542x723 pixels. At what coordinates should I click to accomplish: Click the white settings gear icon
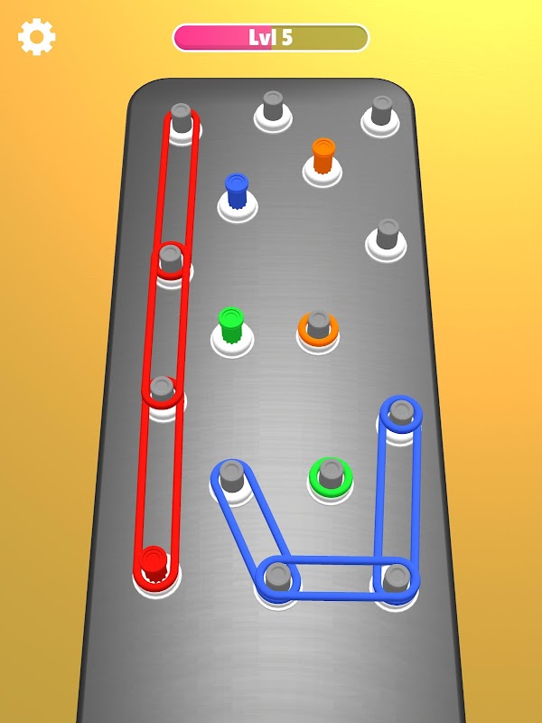tap(37, 37)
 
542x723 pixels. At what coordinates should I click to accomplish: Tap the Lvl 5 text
tap(270, 37)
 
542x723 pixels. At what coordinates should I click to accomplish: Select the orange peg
tap(323, 155)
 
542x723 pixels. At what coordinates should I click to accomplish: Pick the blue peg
tap(237, 191)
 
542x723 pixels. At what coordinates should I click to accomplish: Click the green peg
tap(230, 324)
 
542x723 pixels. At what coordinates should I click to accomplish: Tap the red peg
tap(154, 564)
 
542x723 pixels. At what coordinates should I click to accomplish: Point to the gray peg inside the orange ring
tap(319, 324)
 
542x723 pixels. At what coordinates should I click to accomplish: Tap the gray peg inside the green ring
tap(331, 473)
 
